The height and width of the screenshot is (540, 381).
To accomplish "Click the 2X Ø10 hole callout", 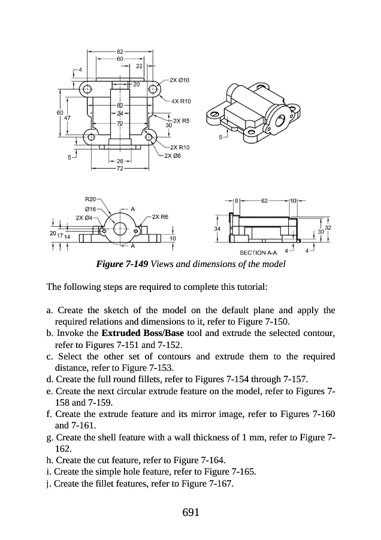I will (x=180, y=80).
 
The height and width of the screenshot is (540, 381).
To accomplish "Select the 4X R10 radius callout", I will (x=180, y=101).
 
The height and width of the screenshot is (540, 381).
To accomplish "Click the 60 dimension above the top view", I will (x=120, y=59).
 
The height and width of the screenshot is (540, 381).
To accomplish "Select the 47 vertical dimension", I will (x=67, y=118).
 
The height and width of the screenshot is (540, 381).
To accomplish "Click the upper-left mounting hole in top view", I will (x=87, y=89).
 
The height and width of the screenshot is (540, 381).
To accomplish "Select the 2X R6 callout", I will (x=161, y=217).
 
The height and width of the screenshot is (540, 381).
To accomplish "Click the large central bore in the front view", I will (x=119, y=228).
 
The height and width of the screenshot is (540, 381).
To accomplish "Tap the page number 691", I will (x=190, y=512).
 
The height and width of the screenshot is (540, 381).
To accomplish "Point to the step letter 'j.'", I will (x=49, y=484).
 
